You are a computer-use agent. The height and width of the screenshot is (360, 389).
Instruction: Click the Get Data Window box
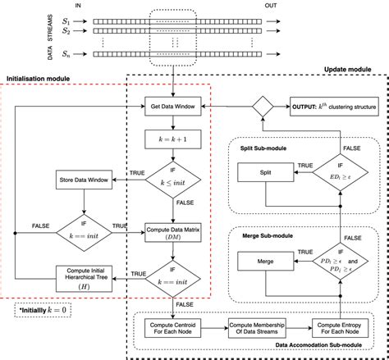pyautogui.click(x=175, y=107)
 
